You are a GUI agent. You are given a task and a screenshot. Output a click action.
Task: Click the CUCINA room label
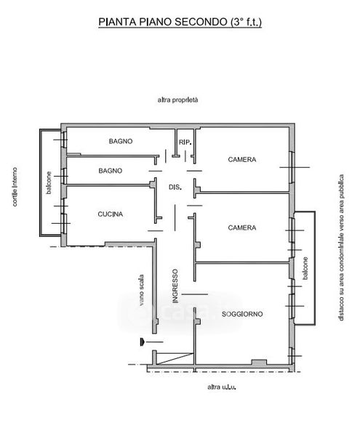tap(110, 214)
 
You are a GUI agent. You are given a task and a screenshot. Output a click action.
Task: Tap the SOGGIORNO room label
tap(242, 314)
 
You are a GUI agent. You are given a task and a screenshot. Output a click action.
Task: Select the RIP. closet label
tap(185, 142)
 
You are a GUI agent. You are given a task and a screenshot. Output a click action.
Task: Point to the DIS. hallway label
tap(175, 187)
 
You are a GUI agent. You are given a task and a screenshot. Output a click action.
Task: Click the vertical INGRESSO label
tap(175, 286)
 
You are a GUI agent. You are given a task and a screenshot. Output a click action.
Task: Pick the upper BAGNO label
tap(121, 141)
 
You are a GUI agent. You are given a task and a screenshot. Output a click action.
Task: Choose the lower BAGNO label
tap(111, 171)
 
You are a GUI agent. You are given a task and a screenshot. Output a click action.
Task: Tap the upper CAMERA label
tap(242, 160)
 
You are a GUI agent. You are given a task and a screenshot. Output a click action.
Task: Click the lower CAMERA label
tap(242, 227)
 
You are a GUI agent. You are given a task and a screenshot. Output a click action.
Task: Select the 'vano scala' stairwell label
tap(141, 290)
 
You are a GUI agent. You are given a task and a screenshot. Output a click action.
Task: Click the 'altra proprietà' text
tap(177, 100)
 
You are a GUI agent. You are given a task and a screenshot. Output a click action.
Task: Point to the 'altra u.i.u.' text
tap(222, 387)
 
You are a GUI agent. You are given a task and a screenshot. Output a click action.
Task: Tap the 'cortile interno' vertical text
tap(15, 187)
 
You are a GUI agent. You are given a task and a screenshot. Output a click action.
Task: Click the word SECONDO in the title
tap(201, 22)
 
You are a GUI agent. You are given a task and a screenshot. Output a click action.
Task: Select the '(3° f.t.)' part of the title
tap(246, 22)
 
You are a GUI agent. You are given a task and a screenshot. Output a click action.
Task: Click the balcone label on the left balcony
tap(49, 182)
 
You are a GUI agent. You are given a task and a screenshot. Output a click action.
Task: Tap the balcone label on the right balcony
tap(305, 268)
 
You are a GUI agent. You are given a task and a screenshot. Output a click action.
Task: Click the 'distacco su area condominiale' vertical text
tap(341, 248)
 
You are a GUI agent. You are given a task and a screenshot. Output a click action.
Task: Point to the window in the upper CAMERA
tap(292, 167)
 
